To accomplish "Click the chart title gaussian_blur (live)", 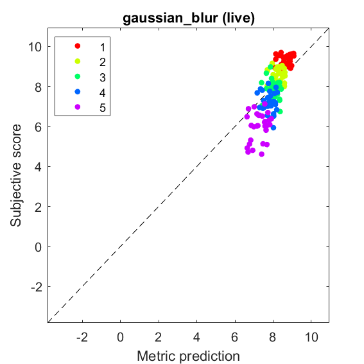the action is coord(189,18).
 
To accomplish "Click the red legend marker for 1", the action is coord(78,46).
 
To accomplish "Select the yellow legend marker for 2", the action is coord(78,61).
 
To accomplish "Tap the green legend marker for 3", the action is coord(78,76).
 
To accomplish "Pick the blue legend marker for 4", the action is coord(78,92).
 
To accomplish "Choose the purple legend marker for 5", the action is coord(78,107).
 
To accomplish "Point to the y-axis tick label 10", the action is coord(35,47).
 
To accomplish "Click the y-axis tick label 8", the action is coord(39,87).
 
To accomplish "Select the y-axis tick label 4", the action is coord(39,167).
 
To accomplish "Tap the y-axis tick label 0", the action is coord(39,247).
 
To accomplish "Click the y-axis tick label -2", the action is coord(37,287).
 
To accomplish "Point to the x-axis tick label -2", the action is coord(82,337).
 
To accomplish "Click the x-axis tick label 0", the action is coord(121,337).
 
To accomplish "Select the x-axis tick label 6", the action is coord(235,337).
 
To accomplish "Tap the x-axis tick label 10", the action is coord(311,337).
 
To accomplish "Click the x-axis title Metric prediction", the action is coord(188,356).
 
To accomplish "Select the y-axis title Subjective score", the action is coord(15,175).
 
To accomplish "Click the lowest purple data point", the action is coord(262,154).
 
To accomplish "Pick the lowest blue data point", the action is coord(273,128).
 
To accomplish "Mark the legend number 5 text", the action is coord(103,108).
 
